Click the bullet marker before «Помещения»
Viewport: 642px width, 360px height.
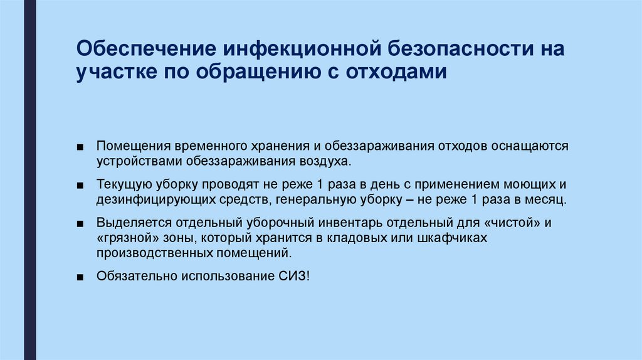click(82, 147)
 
